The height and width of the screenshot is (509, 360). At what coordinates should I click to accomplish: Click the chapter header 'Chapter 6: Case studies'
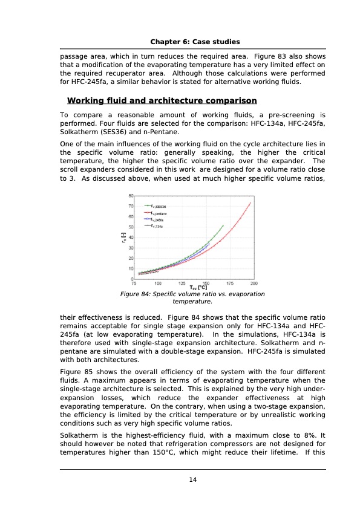click(x=193, y=42)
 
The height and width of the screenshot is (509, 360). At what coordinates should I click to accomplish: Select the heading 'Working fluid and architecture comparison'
click(x=162, y=100)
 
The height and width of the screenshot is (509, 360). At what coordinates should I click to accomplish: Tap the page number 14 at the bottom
click(x=193, y=480)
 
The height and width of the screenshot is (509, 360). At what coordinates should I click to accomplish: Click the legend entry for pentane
click(x=159, y=213)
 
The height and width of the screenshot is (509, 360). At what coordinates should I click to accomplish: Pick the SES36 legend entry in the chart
click(x=159, y=207)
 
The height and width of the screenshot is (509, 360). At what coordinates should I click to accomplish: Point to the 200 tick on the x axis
click(x=254, y=283)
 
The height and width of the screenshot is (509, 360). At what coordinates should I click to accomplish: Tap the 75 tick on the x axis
click(x=134, y=283)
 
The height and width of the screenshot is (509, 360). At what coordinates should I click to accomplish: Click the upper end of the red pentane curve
click(x=250, y=203)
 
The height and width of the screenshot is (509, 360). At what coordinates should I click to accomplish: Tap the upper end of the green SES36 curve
click(x=223, y=225)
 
